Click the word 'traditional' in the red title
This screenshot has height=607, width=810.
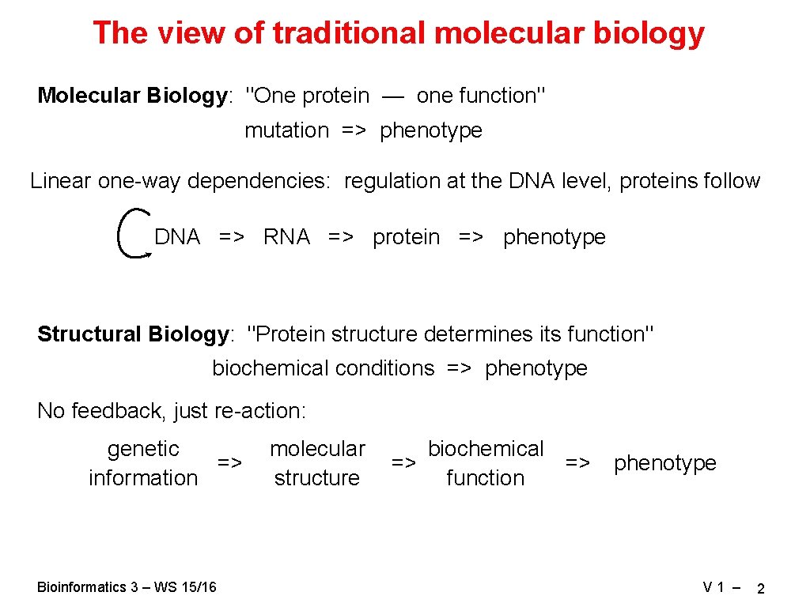point(349,33)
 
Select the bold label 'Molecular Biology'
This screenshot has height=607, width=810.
point(132,96)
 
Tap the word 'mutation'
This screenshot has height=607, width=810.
point(286,130)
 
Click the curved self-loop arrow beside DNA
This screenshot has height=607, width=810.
point(129,233)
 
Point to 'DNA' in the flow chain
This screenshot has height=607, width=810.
point(177,237)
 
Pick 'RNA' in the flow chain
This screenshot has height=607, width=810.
point(286,237)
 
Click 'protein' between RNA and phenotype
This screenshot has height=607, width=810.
point(406,237)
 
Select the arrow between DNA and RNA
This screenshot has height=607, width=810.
point(232,237)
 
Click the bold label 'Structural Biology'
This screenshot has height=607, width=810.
point(132,334)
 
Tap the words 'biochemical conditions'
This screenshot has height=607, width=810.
point(323,368)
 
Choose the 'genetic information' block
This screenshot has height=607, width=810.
point(143,463)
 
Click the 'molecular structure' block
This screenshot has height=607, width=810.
point(317,463)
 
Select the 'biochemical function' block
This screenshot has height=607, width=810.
point(485,463)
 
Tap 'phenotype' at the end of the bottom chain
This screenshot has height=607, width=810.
point(664,463)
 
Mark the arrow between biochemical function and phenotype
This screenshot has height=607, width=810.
point(577,462)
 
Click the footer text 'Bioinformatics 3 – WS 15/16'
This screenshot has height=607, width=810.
point(127,586)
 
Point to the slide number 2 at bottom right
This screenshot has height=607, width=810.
point(760,589)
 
